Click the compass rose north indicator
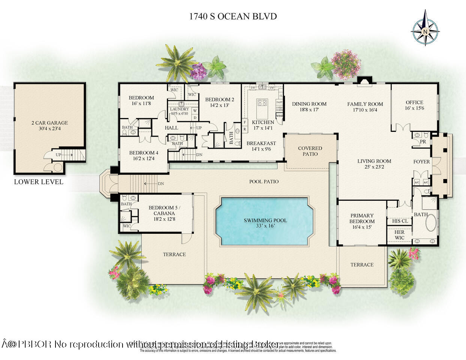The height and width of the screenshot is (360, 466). (426, 31)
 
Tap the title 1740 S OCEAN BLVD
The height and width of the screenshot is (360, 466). (233, 16)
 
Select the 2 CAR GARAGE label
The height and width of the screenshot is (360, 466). (50, 123)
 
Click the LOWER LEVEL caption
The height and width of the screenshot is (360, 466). (39, 182)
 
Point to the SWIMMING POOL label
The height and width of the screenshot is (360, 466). (265, 220)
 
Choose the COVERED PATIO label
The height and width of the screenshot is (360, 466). (310, 151)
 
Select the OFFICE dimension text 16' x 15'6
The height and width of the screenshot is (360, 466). (414, 108)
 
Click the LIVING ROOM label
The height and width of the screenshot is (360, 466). (374, 161)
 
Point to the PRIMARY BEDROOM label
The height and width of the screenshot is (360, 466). (362, 218)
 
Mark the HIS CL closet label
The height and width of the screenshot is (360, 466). (400, 221)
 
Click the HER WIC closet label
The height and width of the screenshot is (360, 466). (400, 235)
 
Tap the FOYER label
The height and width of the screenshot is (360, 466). (421, 162)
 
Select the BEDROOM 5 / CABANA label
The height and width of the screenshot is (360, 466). (164, 210)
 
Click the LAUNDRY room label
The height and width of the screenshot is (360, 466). (179, 109)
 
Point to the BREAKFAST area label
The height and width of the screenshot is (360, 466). (261, 143)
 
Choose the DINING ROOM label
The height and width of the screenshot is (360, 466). (309, 104)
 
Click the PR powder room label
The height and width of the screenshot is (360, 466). (423, 142)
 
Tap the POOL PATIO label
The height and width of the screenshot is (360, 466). (264, 181)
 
